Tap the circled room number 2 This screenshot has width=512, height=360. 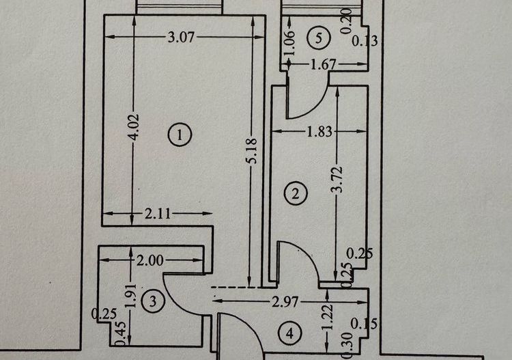(x=296, y=193)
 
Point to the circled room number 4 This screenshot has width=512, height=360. (x=291, y=333)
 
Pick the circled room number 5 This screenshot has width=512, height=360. (x=315, y=38)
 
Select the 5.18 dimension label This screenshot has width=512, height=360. (x=253, y=150)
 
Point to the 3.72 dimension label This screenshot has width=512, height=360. (x=336, y=180)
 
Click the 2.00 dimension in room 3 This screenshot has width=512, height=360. (x=150, y=260)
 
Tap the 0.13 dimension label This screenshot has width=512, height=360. (x=364, y=42)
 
